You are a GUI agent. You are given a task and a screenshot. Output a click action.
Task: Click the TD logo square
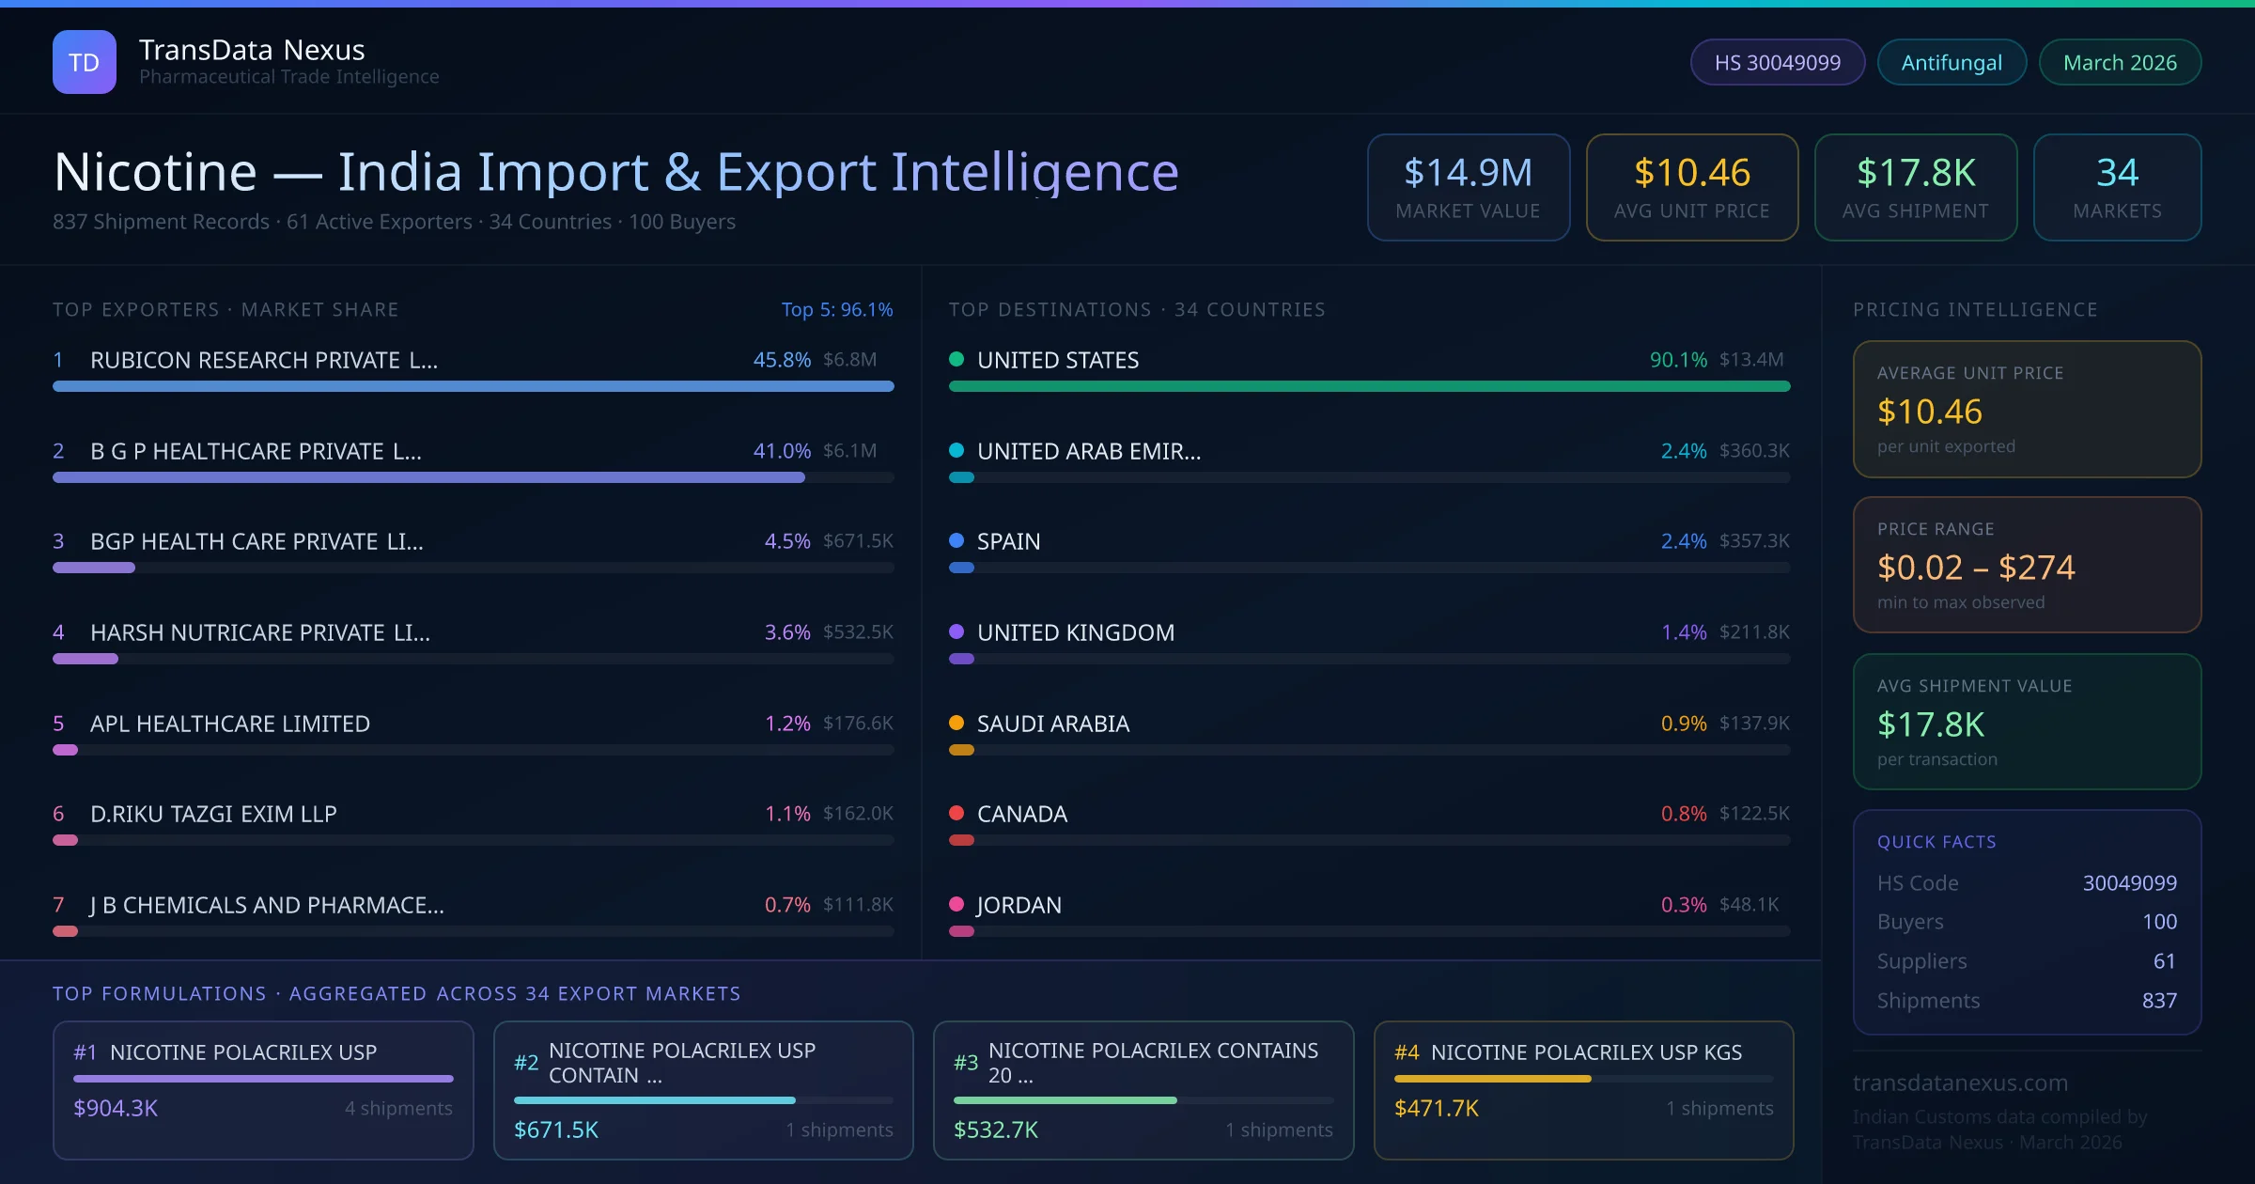[85, 62]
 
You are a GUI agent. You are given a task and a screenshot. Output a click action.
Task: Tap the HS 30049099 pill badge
[1777, 62]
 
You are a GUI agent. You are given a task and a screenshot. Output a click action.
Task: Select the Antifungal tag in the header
[1952, 62]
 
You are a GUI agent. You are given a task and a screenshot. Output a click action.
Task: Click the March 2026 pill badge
[2120, 62]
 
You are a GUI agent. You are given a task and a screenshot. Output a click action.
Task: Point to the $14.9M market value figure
[1468, 173]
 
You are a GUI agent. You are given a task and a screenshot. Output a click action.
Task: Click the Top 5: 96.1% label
[836, 309]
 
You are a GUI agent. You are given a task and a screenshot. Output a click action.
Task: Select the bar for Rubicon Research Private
[473, 386]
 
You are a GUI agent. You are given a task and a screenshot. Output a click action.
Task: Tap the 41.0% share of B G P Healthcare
[781, 451]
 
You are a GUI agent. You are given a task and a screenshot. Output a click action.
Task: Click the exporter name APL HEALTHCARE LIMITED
[229, 724]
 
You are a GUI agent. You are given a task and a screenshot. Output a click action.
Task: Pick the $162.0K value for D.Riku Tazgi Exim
[857, 814]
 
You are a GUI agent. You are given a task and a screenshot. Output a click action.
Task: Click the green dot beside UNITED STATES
[956, 359]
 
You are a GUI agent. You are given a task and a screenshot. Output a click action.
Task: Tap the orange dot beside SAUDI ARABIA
[956, 723]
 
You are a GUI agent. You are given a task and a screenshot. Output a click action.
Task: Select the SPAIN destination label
[1008, 541]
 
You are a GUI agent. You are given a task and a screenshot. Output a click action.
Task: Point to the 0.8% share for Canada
[1683, 814]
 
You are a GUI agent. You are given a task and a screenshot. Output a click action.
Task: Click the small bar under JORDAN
[961, 931]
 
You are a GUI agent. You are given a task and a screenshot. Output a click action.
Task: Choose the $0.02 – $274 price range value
[1975, 568]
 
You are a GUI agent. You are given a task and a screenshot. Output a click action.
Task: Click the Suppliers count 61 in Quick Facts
[2164, 960]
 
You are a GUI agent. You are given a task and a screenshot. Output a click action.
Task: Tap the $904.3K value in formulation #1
[116, 1108]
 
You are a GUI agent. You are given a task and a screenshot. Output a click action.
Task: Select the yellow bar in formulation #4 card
[1492, 1079]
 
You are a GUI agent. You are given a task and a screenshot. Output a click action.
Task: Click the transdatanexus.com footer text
[1960, 1083]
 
